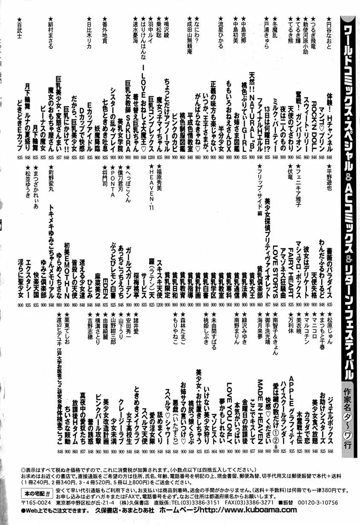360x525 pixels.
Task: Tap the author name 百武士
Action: pyautogui.click(x=19, y=28)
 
